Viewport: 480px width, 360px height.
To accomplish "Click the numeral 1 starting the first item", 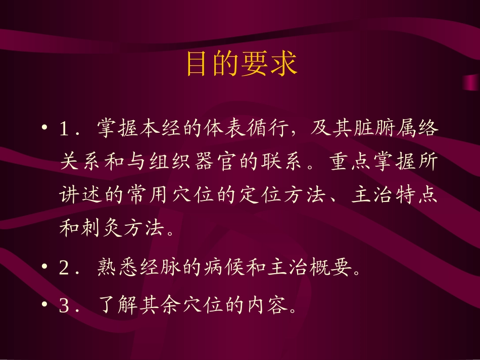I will coord(64,129).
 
